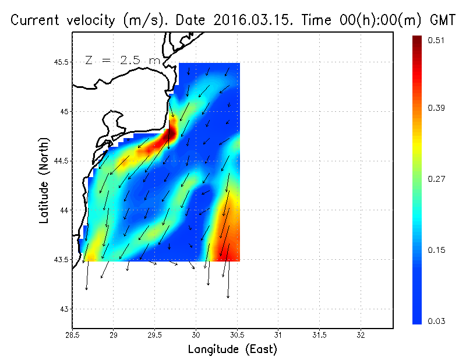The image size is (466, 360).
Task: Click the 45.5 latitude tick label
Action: [x=61, y=62]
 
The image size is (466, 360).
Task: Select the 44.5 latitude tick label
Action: [x=61, y=160]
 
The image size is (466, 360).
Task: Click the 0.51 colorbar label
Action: [x=437, y=40]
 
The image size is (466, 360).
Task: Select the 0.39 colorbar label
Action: [x=437, y=108]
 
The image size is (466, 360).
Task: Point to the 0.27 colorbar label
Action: [x=437, y=179]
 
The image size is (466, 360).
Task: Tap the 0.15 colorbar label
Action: [x=437, y=250]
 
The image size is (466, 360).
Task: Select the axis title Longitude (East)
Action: [x=232, y=349]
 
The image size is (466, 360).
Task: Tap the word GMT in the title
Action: [x=442, y=20]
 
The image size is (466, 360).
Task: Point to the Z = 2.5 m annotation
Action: [x=122, y=60]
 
